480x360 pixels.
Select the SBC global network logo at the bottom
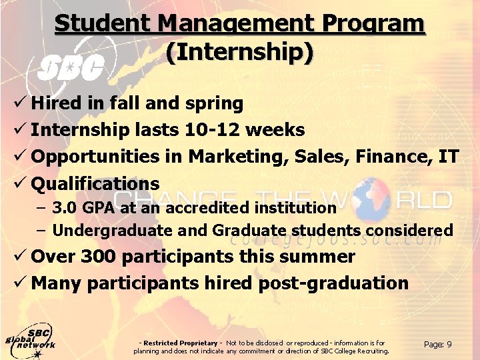(x=30, y=341)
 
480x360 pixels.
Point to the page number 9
(x=449, y=344)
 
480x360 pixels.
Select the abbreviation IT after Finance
(x=449, y=157)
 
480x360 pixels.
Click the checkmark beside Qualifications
(x=22, y=183)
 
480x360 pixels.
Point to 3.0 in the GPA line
(x=64, y=207)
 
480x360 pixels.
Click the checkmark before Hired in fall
(x=22, y=103)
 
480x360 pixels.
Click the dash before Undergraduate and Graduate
(x=41, y=231)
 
